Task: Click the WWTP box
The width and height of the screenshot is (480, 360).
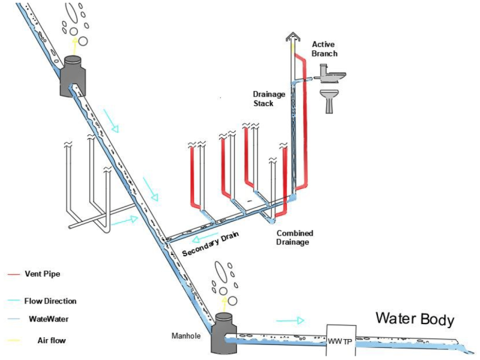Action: [x=341, y=340]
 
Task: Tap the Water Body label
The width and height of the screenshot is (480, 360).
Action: [x=415, y=319]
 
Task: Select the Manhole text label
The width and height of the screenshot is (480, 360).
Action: [x=186, y=336]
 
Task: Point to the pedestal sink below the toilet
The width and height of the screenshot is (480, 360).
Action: [x=329, y=101]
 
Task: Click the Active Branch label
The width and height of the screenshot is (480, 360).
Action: [x=324, y=49]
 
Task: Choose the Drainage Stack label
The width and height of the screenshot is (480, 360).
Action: [x=268, y=98]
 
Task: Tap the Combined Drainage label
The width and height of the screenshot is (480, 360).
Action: [x=295, y=238]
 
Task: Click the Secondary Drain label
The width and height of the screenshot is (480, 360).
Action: [x=211, y=244]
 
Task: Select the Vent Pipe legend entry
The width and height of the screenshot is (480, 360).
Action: [x=34, y=274]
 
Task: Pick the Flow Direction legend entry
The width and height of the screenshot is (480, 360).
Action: [x=42, y=301]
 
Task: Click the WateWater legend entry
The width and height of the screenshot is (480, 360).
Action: [x=38, y=319]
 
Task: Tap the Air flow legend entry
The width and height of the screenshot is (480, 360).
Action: [x=37, y=340]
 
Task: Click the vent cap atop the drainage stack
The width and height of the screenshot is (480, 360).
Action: [x=293, y=37]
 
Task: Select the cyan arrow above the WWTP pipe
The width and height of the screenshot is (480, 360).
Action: [x=290, y=320]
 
